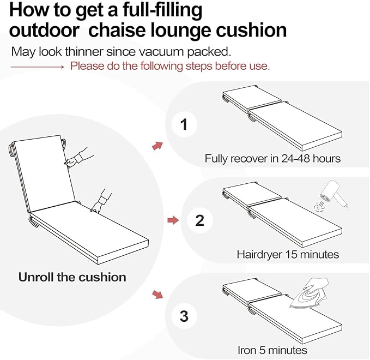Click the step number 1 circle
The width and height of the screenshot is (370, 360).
tap(184, 125)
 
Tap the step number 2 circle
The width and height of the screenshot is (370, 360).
tap(199, 220)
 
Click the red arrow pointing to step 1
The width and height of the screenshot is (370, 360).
tap(157, 145)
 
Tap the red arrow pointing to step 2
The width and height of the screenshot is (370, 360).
tap(172, 220)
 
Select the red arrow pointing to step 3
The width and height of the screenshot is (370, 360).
tap(157, 295)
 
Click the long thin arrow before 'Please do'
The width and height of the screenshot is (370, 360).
tap(38, 67)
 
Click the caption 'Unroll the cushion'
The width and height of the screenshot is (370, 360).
tap(72, 277)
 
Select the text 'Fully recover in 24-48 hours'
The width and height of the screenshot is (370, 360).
tap(272, 159)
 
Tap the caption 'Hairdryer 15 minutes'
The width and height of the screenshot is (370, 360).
tap(288, 254)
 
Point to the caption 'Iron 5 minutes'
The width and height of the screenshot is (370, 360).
tap(272, 350)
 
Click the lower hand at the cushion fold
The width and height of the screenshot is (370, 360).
tap(101, 201)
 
